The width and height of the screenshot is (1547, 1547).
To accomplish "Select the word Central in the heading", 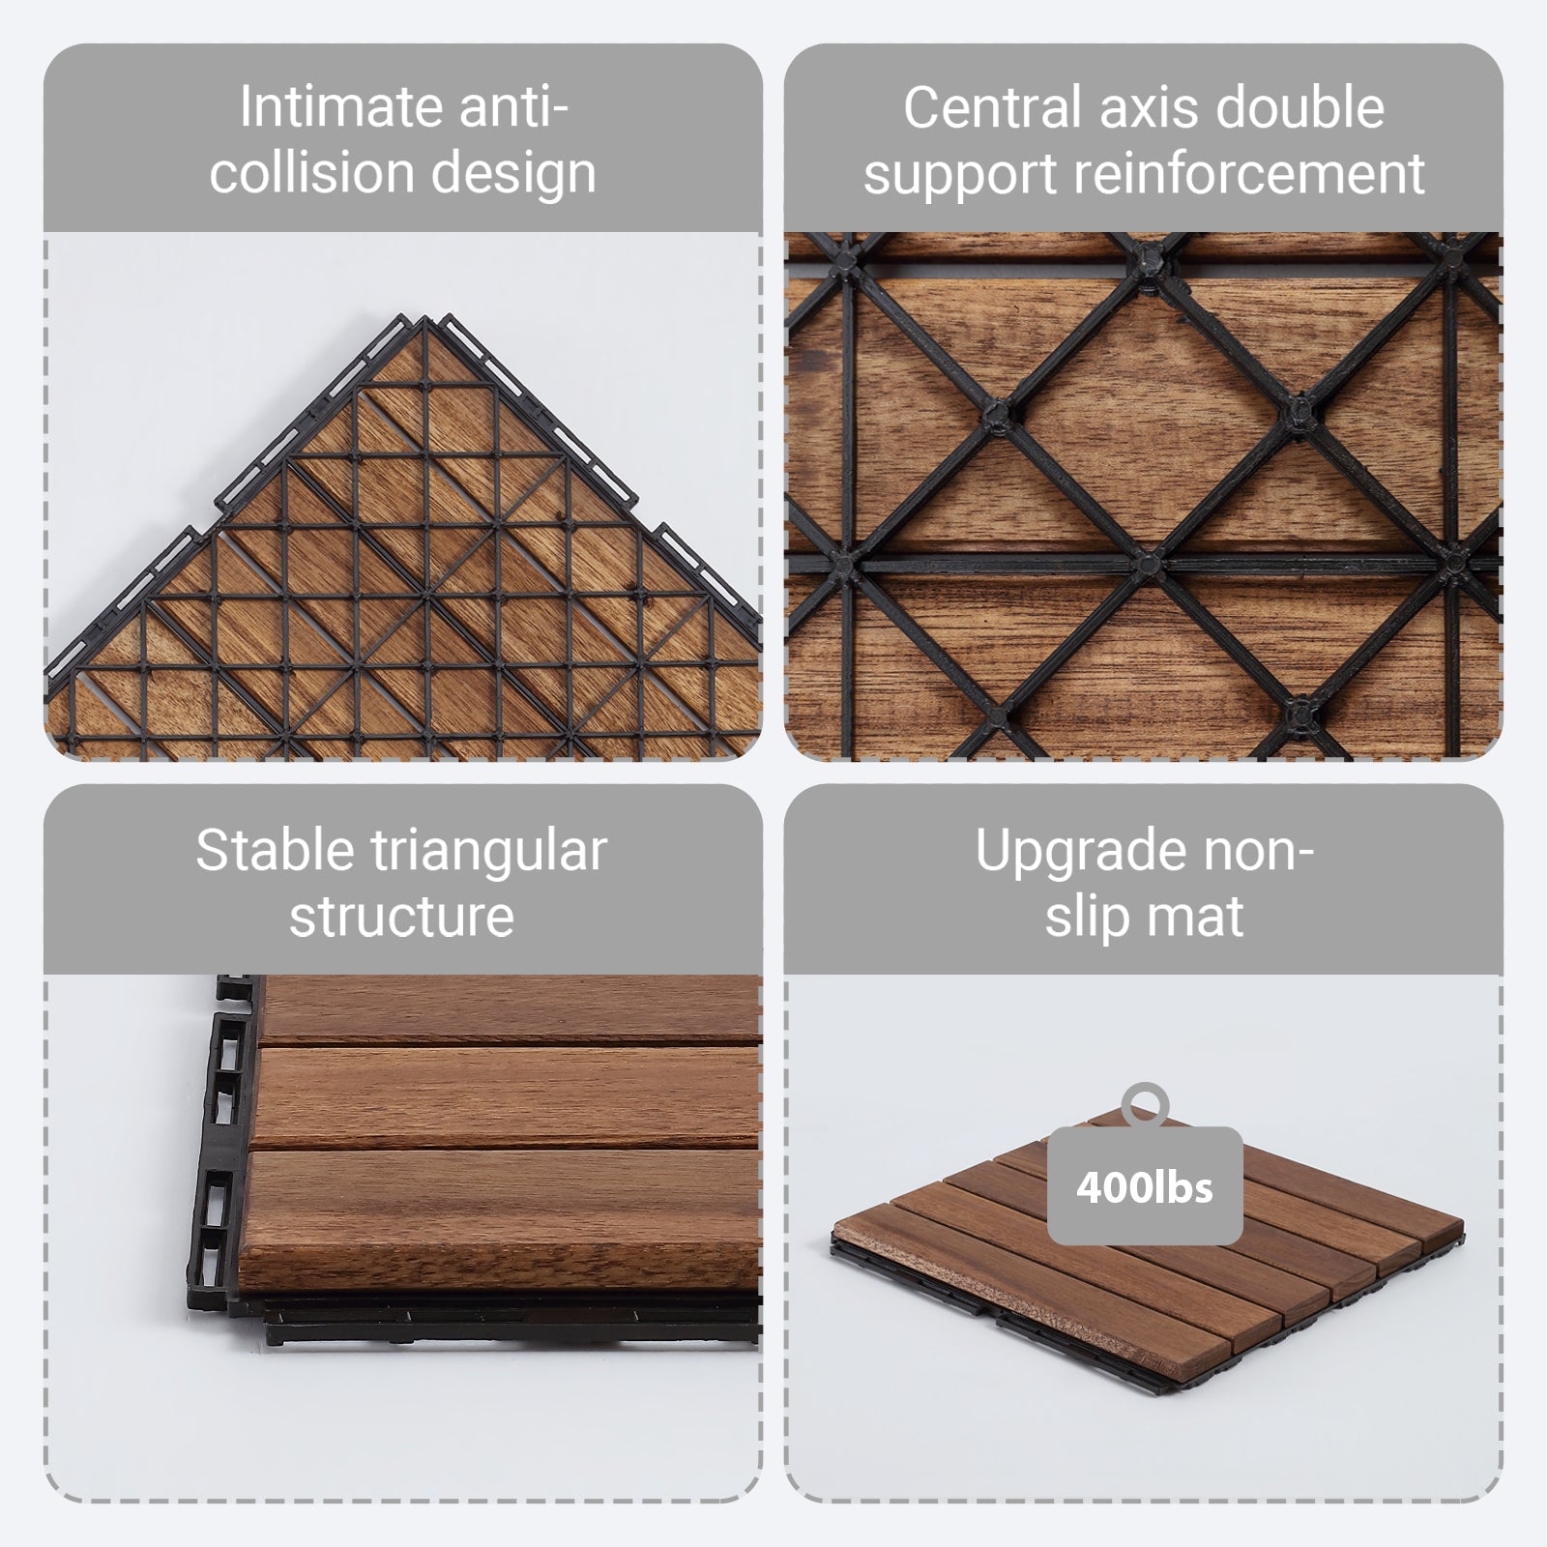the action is pos(992,106).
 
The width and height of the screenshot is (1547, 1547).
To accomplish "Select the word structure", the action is pos(401,916).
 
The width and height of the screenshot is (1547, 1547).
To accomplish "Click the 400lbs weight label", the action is pos(1145,1186).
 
